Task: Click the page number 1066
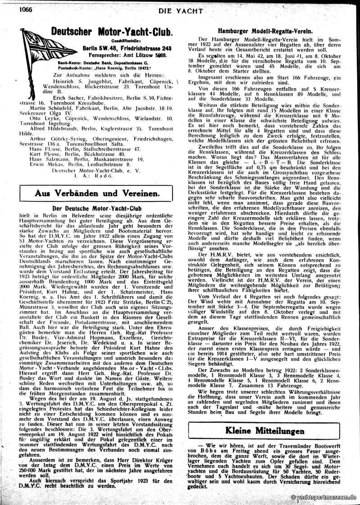(12, 5)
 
